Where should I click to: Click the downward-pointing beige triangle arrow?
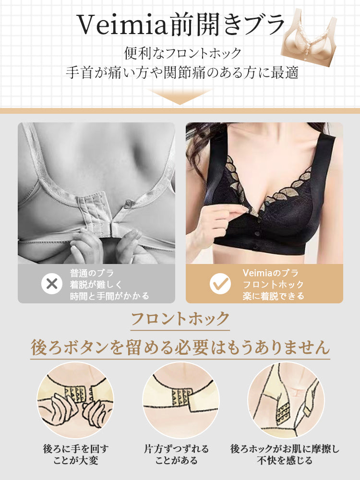(180, 96)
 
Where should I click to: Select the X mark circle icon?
(51, 284)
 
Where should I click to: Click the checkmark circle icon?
(220, 284)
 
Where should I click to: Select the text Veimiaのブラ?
(270, 273)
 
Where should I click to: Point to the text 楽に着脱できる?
(273, 296)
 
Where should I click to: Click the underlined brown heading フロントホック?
(180, 318)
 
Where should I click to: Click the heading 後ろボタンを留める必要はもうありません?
(180, 347)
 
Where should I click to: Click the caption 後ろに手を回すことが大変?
(75, 455)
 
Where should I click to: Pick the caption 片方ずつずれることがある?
(177, 455)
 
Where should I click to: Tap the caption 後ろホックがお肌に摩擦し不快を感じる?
(285, 455)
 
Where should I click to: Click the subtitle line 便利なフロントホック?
(182, 52)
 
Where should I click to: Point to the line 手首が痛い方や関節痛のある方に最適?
(182, 72)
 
